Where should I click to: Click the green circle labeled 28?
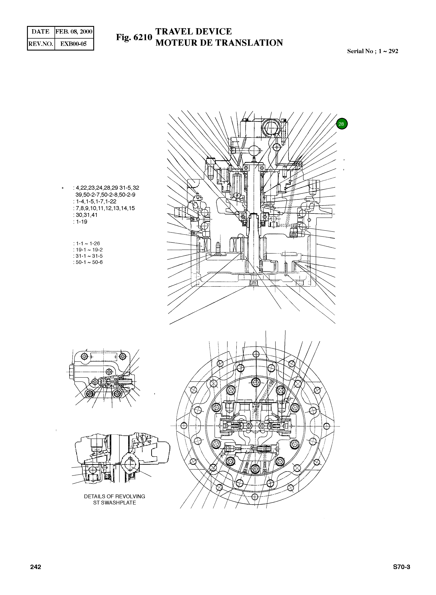coord(342,124)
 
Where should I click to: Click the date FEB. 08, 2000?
coord(74,32)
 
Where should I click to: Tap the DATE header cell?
coord(41,32)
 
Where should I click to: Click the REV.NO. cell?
coord(41,44)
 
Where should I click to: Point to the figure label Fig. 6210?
coord(134,38)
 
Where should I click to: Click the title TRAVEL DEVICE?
coord(193,31)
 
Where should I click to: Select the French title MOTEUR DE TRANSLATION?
coord(219,43)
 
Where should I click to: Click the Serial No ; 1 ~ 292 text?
coord(372,51)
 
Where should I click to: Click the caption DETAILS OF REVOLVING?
coord(114,496)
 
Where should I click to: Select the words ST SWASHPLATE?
coord(114,503)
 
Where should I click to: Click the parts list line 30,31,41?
coord(86,215)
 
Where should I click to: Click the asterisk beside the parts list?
coord(63,188)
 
